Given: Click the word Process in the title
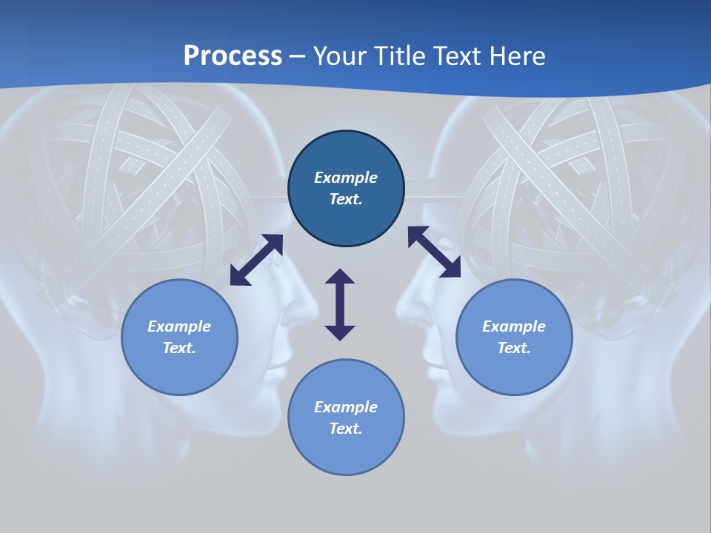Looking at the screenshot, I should (x=233, y=56).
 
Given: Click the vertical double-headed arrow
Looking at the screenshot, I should (x=340, y=304).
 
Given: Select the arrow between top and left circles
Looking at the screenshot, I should (x=256, y=260).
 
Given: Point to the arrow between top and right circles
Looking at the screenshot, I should (x=434, y=252).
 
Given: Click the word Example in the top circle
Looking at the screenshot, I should (x=346, y=178).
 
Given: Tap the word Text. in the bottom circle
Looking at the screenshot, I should (x=346, y=429).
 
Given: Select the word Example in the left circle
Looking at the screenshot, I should (x=179, y=326).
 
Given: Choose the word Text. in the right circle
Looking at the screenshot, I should (x=514, y=348).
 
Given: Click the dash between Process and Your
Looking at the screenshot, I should (x=298, y=56).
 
